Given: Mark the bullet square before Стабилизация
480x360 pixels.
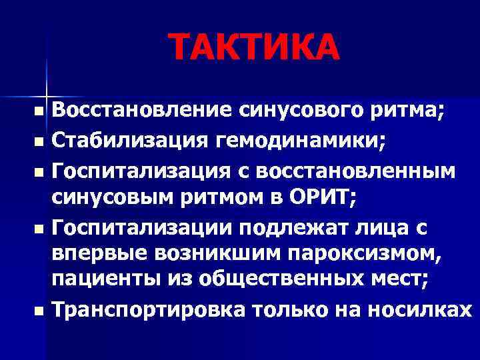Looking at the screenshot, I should pos(41,142).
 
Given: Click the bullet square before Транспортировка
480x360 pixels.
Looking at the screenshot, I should pos(41,311).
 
